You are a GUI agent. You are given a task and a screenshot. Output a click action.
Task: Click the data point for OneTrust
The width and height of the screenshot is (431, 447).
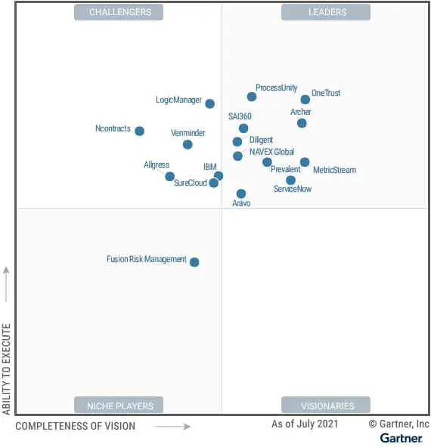[x=305, y=100]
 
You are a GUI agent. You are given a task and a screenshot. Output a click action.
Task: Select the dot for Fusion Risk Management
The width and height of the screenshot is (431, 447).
[x=194, y=262]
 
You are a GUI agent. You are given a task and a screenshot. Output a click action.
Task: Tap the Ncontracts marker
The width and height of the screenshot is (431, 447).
[x=139, y=131]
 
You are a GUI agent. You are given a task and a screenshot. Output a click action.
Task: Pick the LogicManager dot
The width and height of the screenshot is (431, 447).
[x=209, y=103]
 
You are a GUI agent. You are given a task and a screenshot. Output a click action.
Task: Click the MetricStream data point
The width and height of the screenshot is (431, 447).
[x=305, y=162]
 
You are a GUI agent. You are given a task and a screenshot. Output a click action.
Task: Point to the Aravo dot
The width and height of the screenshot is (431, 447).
[x=241, y=194]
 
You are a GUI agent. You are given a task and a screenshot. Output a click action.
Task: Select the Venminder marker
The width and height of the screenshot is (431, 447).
[x=188, y=144]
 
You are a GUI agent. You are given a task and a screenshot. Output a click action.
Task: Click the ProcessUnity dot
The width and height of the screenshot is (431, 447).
[x=252, y=97]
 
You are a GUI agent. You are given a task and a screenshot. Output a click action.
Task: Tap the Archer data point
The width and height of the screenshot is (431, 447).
[x=302, y=123]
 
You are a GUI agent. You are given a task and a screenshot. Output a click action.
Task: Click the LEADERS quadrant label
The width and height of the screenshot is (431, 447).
[x=326, y=12]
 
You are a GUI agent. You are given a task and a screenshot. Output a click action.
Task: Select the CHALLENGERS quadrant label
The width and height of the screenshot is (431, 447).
[x=119, y=12]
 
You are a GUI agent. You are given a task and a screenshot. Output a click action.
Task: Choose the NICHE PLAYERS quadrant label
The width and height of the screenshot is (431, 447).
[x=119, y=405]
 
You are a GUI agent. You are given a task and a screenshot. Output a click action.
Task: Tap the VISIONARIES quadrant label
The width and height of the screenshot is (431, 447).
[x=326, y=405]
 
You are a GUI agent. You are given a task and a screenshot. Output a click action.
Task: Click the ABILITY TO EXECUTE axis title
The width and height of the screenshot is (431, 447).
[x=7, y=368]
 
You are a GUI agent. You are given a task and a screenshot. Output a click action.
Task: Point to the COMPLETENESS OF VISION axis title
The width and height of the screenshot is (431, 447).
[x=76, y=427]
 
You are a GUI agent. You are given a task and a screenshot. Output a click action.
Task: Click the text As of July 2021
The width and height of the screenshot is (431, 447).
[x=305, y=424]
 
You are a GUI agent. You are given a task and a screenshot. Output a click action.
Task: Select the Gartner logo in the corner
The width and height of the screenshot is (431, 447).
[x=401, y=438]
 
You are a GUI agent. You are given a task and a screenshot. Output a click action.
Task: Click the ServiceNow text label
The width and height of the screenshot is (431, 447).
[x=293, y=189]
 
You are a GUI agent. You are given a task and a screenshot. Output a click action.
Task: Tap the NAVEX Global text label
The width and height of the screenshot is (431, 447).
[x=271, y=152]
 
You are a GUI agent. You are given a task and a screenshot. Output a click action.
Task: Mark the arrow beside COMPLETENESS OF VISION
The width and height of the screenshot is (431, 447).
[x=173, y=427]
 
